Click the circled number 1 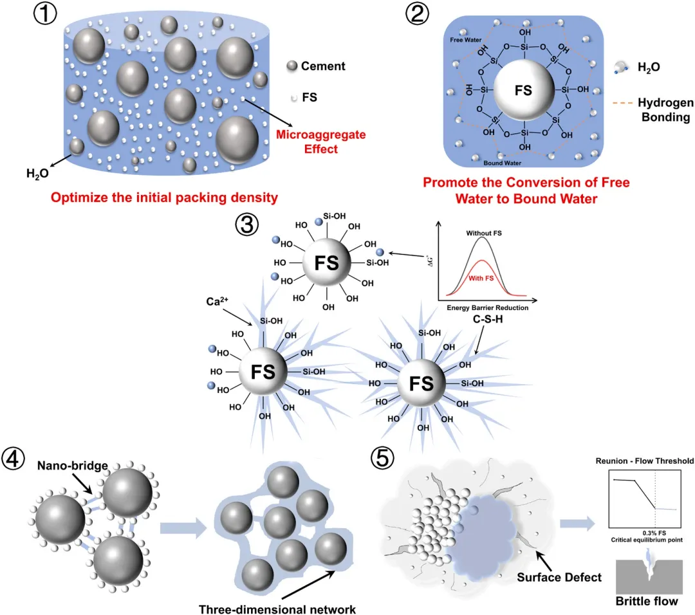[x=45, y=14]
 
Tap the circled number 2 [x=417, y=14]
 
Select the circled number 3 [x=247, y=225]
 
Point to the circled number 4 [x=14, y=458]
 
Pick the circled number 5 [x=382, y=458]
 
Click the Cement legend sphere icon [x=292, y=66]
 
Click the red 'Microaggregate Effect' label [x=321, y=142]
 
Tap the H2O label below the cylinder [x=38, y=174]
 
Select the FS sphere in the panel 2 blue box [x=524, y=91]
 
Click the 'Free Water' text [x=465, y=40]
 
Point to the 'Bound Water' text [x=502, y=163]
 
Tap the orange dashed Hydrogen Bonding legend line [x=622, y=103]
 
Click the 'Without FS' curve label [x=483, y=233]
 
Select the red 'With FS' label [x=481, y=279]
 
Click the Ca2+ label [x=218, y=301]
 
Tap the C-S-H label [x=488, y=319]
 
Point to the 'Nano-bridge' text [x=73, y=466]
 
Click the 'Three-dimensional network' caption [x=277, y=609]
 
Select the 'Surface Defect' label [x=559, y=577]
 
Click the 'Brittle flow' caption [x=647, y=601]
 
